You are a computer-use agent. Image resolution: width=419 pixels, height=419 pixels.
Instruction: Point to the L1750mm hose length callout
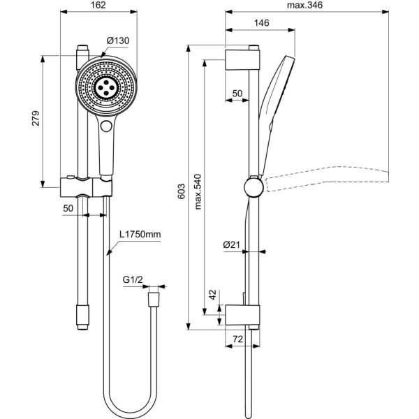[x=140, y=236]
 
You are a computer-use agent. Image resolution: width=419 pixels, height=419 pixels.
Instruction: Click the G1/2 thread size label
[x=133, y=280]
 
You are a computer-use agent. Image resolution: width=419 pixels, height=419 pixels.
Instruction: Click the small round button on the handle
[x=106, y=126]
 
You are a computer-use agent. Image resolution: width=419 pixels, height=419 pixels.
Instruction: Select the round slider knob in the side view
[x=252, y=187]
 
